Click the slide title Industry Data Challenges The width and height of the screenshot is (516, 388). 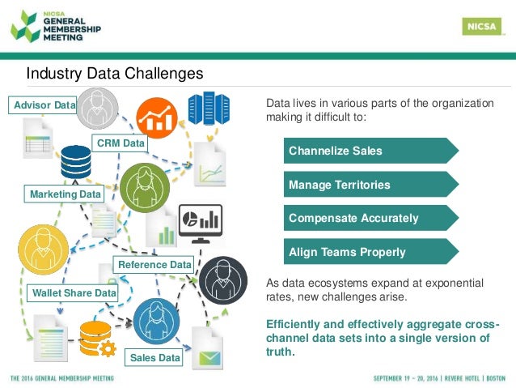114,75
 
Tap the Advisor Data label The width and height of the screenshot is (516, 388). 43,105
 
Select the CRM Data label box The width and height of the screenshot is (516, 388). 121,143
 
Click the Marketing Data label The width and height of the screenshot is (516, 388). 66,194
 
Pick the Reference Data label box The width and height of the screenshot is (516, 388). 154,264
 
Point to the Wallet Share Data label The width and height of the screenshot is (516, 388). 73,292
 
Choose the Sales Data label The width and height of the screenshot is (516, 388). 154,357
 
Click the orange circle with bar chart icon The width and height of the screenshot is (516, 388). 157,118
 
